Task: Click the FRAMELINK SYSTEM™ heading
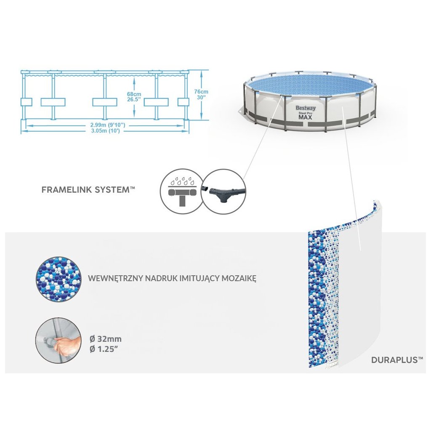(x=88, y=190)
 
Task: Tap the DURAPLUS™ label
(x=397, y=360)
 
